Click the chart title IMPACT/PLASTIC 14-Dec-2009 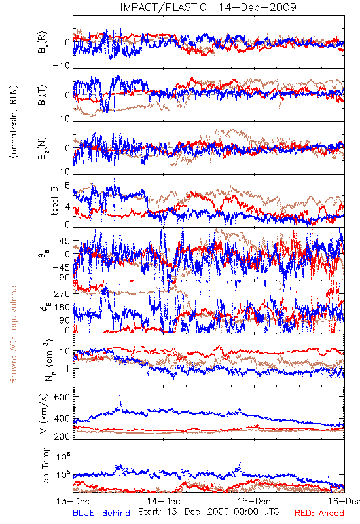click(x=208, y=7)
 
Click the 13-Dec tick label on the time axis click(x=73, y=501)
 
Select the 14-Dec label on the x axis click(x=164, y=501)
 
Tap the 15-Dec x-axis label click(x=254, y=501)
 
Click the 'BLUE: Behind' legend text click(x=101, y=513)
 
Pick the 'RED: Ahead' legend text click(x=319, y=513)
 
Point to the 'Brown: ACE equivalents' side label click(x=13, y=333)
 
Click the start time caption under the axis click(x=209, y=512)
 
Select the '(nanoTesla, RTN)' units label click(x=14, y=121)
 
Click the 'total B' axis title click(x=54, y=200)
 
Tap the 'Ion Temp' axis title click(x=45, y=466)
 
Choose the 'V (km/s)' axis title click(x=44, y=413)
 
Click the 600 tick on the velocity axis click(x=62, y=397)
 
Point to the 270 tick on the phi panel click(x=62, y=293)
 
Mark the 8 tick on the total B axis click(x=67, y=185)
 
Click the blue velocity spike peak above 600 click(x=120, y=396)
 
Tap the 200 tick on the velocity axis click(x=62, y=436)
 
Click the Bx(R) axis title click(x=43, y=43)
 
